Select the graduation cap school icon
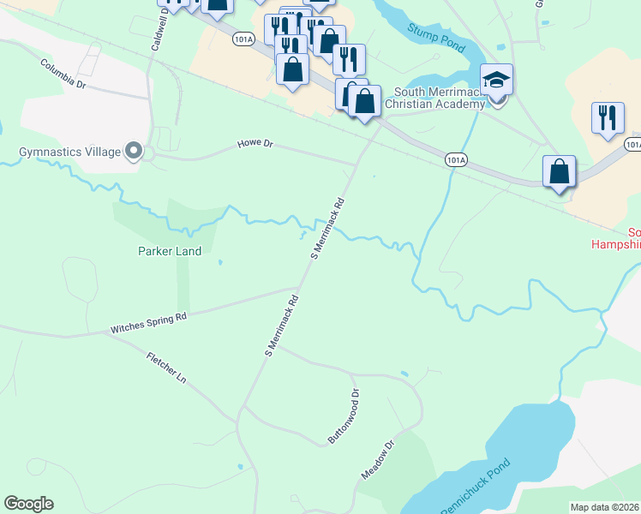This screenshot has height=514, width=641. tap(497, 81)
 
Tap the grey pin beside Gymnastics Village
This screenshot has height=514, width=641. tap(133, 152)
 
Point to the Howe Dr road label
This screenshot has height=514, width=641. tap(255, 146)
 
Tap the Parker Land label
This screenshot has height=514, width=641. tap(170, 252)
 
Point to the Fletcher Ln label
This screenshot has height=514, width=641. tap(165, 366)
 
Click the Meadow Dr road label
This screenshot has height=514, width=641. tap(377, 460)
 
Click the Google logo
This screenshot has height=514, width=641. tap(28, 504)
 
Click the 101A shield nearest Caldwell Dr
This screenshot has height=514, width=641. tap(243, 39)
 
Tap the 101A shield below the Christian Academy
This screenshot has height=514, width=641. tap(456, 159)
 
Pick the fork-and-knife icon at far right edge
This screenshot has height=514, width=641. tap(608, 118)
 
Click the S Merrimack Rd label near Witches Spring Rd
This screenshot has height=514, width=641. tap(281, 326)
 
